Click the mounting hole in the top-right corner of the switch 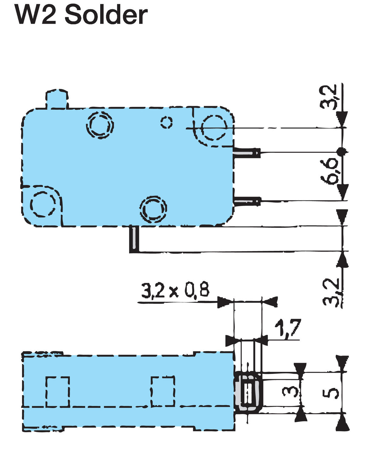214,128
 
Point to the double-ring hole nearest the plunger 100,125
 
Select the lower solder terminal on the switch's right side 247,201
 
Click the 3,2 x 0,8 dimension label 175,290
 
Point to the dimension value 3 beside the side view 289,391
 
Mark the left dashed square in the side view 57,391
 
